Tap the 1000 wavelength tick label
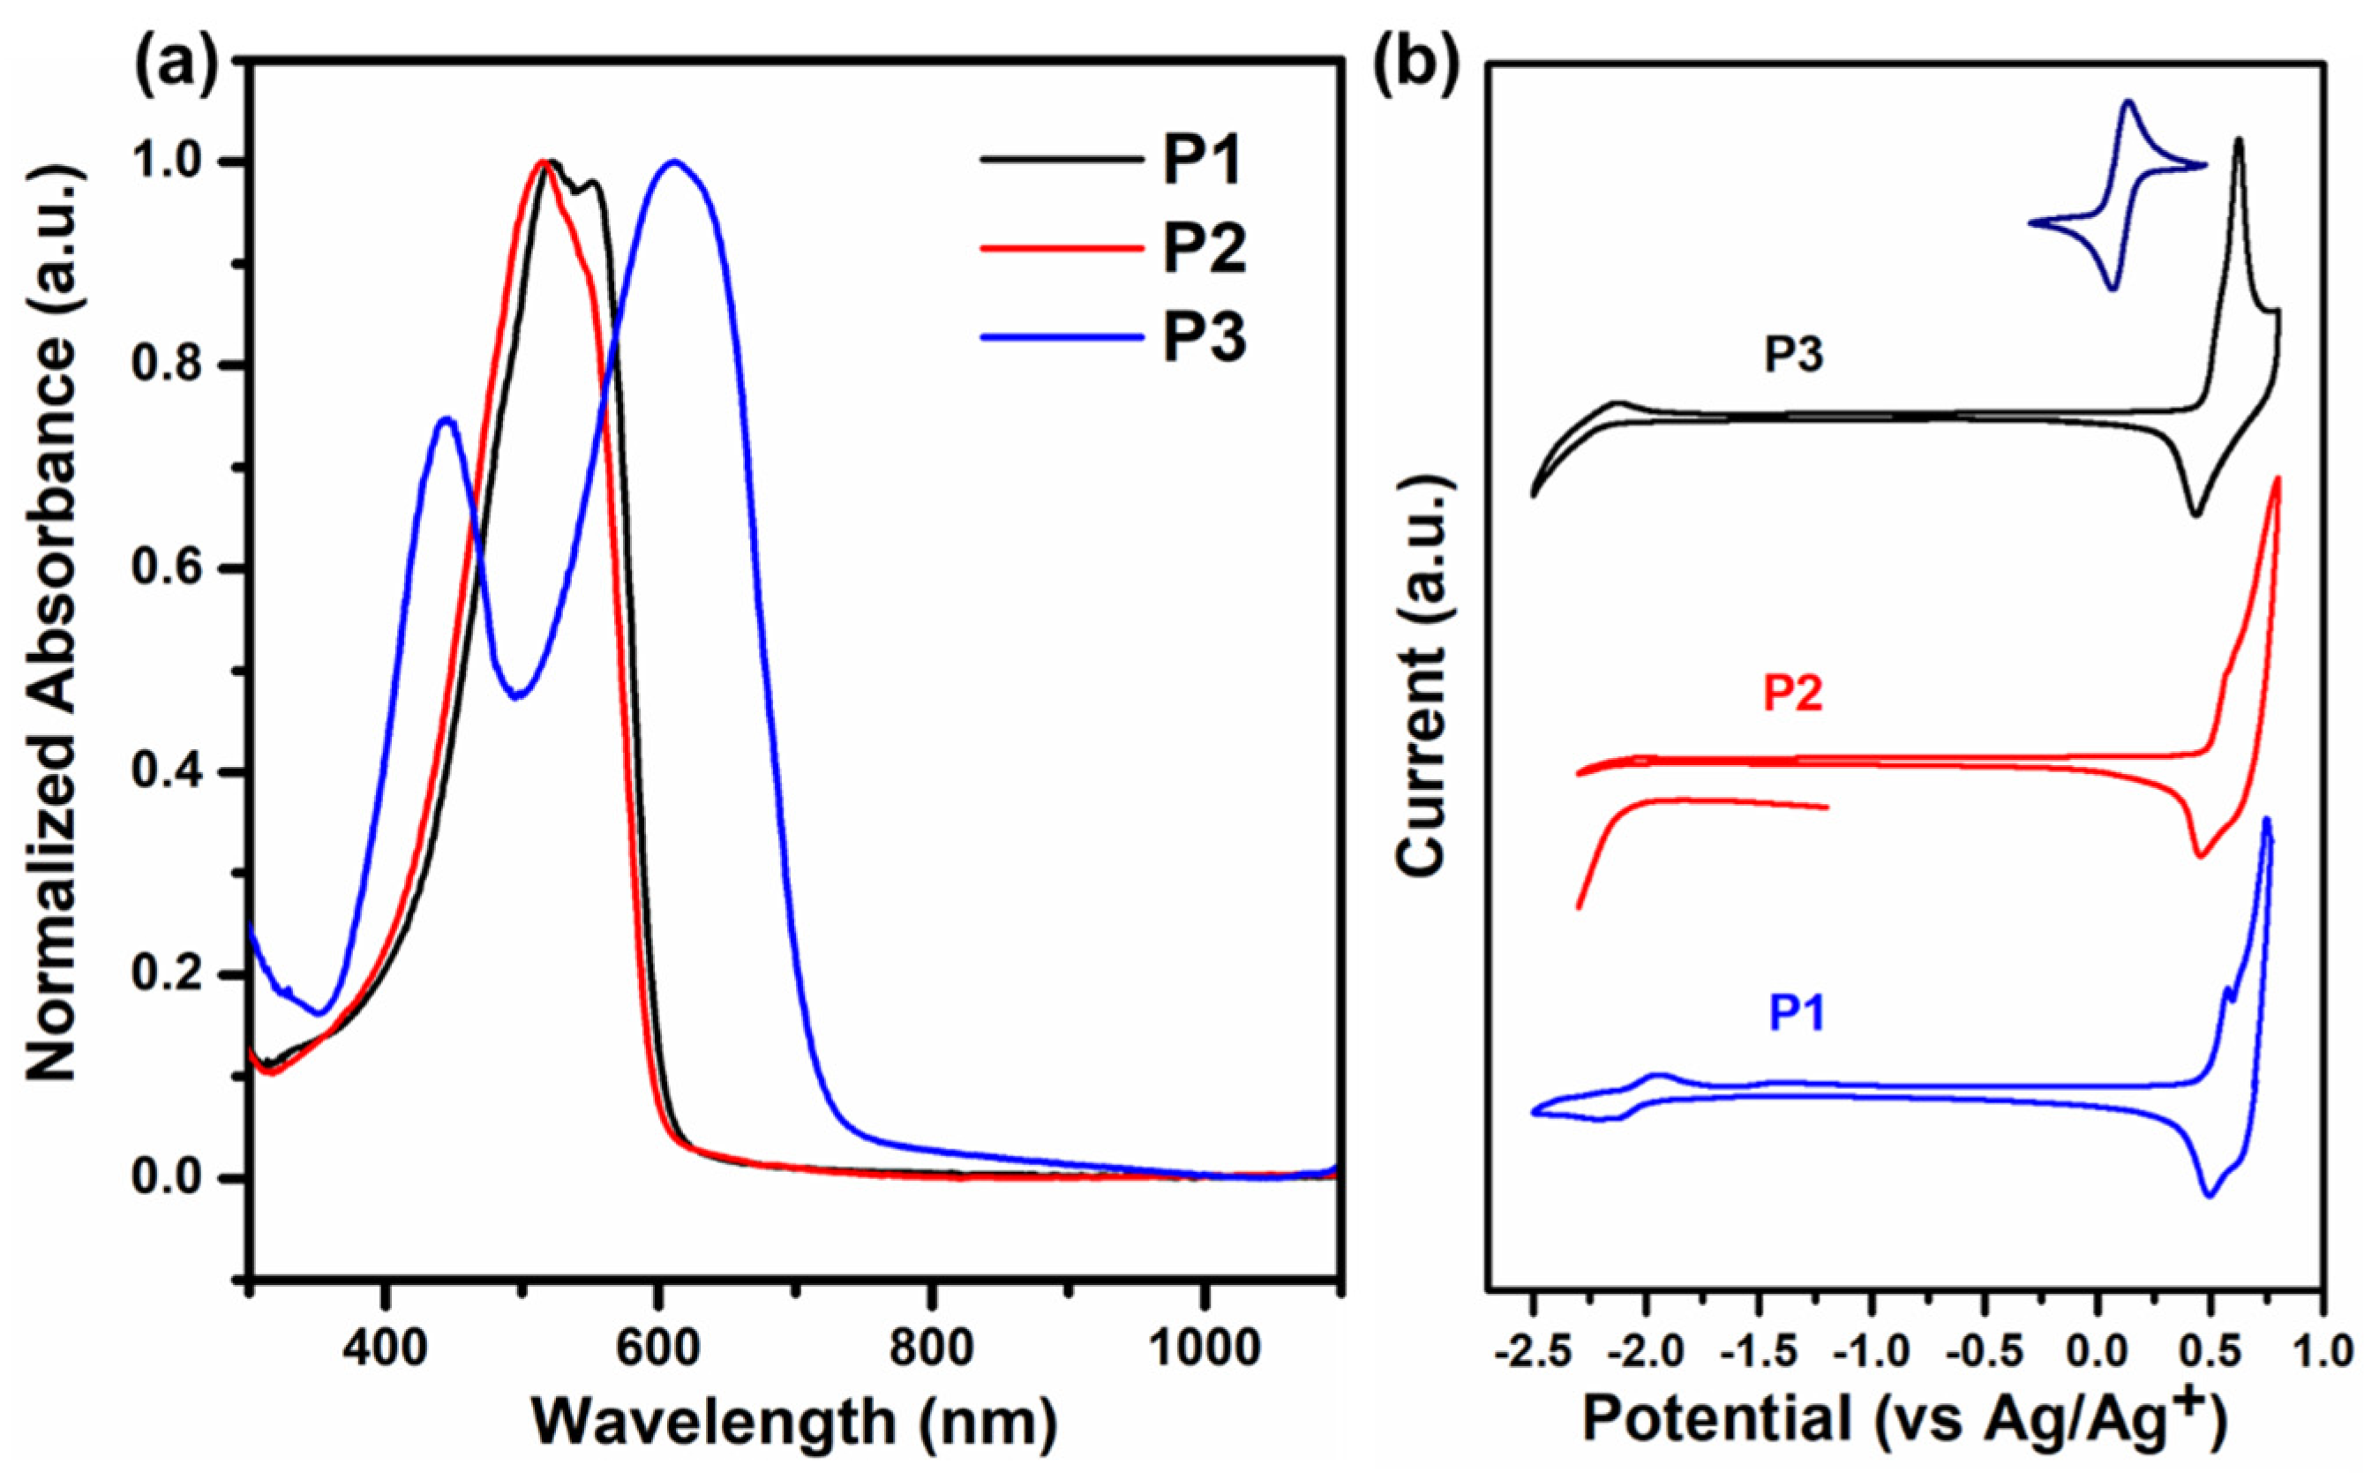(x=1204, y=1349)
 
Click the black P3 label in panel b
(x=1794, y=355)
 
